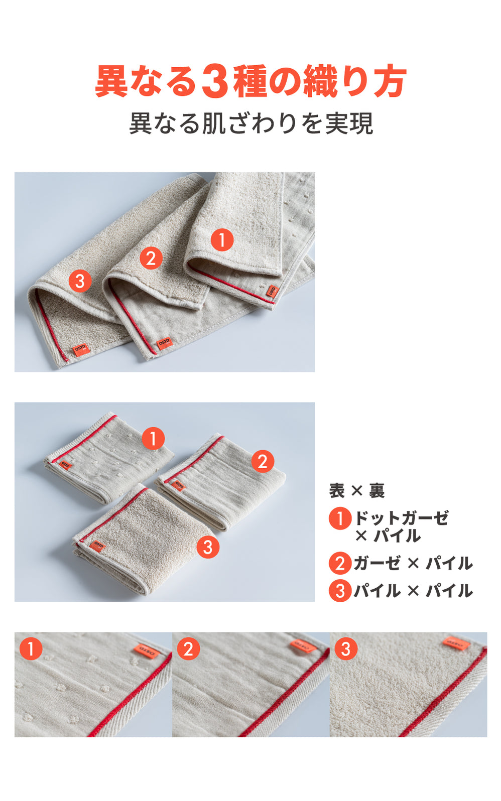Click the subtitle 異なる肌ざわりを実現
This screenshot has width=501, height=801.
[x=251, y=123]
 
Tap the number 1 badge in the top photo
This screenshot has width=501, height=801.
[x=222, y=240]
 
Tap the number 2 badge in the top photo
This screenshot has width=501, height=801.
[x=151, y=258]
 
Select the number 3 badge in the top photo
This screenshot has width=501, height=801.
[x=80, y=281]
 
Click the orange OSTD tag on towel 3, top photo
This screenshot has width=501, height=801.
[x=80, y=349]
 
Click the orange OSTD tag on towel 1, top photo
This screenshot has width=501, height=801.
[x=272, y=291]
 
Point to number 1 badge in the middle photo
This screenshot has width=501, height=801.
[x=153, y=439]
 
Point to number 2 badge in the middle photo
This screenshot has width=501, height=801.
[x=262, y=461]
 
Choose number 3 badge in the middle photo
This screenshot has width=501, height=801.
[x=208, y=547]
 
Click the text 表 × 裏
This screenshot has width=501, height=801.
[x=356, y=490]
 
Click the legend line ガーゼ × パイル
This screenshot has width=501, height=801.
[x=413, y=563]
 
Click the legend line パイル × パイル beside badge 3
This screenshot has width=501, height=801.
[x=413, y=591]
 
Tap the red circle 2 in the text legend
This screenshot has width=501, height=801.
[x=340, y=563]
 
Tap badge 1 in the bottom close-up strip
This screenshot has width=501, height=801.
[x=31, y=649]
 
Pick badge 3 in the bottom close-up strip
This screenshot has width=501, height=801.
[x=345, y=649]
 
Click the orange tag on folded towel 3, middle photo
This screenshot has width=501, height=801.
[x=98, y=546]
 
